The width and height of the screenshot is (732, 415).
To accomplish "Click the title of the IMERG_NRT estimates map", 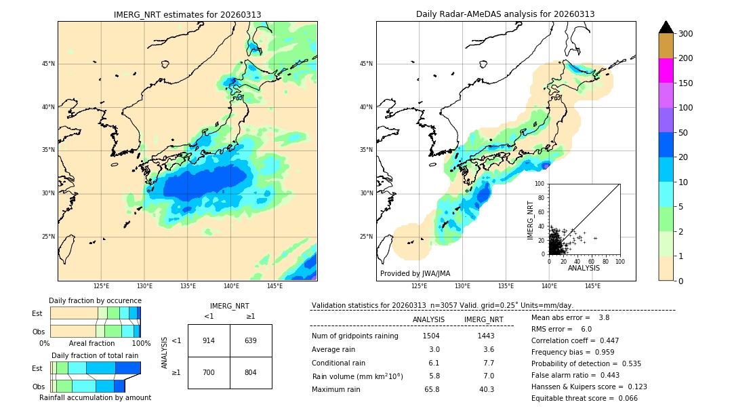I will pos(187,14).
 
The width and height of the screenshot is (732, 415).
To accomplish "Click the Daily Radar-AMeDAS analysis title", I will pos(506,14).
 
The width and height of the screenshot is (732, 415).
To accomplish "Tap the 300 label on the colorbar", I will pos(686,34).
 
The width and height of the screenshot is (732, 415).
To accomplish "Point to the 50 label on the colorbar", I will pos(684,133).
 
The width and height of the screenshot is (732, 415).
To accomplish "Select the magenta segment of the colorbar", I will pos(666,71).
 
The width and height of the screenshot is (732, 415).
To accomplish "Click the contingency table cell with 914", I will pos(209,340).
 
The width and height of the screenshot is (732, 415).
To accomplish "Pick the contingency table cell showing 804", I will pos(251,372).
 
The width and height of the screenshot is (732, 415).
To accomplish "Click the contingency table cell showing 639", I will pos(251,340).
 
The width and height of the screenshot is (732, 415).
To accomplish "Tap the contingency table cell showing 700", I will pos(209,372).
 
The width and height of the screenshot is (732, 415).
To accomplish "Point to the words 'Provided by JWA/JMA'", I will pos(415,273).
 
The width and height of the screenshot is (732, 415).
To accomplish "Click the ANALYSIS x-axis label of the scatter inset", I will pos(584,269).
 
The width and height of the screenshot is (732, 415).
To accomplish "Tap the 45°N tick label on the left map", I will pos(47,64).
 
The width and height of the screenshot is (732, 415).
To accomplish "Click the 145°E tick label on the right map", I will pos(592,286).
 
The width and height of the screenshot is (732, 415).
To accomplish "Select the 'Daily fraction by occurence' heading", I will pos(95,300).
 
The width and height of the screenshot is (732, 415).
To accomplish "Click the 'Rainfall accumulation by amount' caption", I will pos(95,397).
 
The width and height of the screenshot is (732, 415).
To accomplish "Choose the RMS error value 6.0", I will pos(586,329).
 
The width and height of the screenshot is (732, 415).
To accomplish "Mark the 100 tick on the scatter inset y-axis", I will pos(541,184).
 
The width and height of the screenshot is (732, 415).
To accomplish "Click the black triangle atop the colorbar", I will pos(666,27).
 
